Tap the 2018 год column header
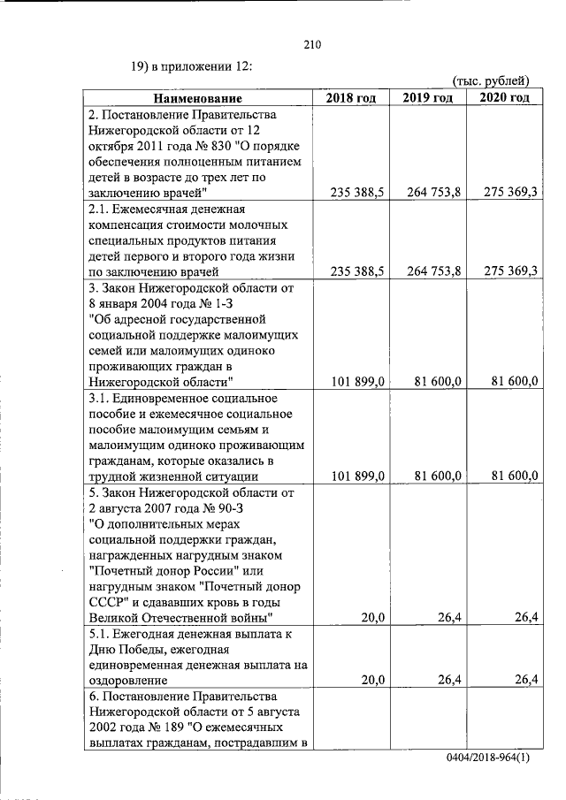click(351, 98)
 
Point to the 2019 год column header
click(428, 98)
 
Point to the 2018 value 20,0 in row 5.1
click(371, 680)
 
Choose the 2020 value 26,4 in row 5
click(527, 617)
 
